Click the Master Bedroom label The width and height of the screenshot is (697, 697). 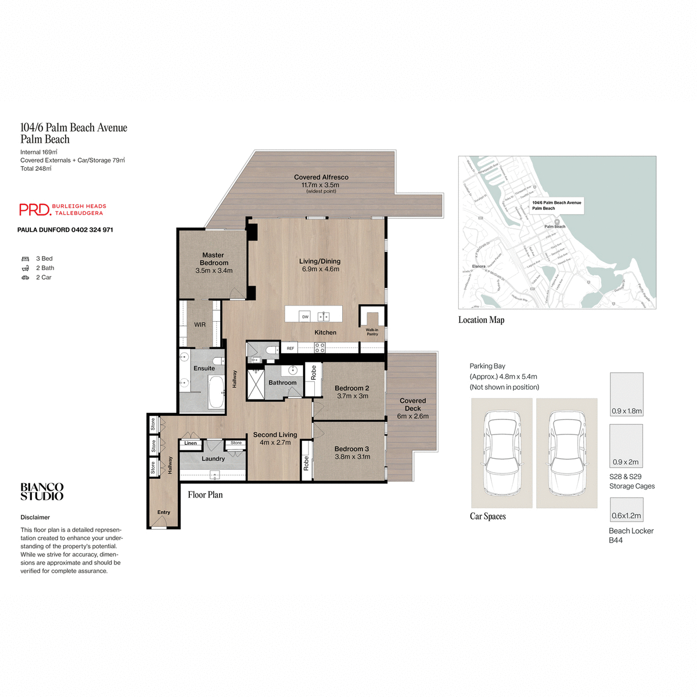(x=214, y=259)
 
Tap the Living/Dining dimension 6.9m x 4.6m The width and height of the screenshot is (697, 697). (x=321, y=270)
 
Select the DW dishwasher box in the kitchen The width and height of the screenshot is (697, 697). (x=305, y=317)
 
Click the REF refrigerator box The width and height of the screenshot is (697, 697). (x=290, y=348)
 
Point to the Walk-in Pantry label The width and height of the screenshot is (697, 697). (x=372, y=332)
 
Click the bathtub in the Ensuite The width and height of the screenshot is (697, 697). (x=215, y=392)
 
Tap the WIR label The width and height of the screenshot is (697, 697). (x=200, y=325)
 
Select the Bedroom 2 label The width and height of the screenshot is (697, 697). (x=351, y=388)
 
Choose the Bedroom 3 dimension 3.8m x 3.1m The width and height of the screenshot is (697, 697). (x=352, y=457)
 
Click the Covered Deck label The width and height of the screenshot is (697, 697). (x=413, y=404)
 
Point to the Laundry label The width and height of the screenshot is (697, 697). (x=213, y=459)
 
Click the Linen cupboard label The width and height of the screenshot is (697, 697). (x=191, y=443)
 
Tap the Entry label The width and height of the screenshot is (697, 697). (x=164, y=512)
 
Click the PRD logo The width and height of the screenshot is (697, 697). (x=35, y=210)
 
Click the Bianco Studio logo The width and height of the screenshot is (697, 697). (x=42, y=492)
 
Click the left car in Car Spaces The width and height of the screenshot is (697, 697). (x=501, y=453)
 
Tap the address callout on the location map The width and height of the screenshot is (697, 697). (x=556, y=206)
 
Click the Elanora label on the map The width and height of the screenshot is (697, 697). (x=479, y=266)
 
